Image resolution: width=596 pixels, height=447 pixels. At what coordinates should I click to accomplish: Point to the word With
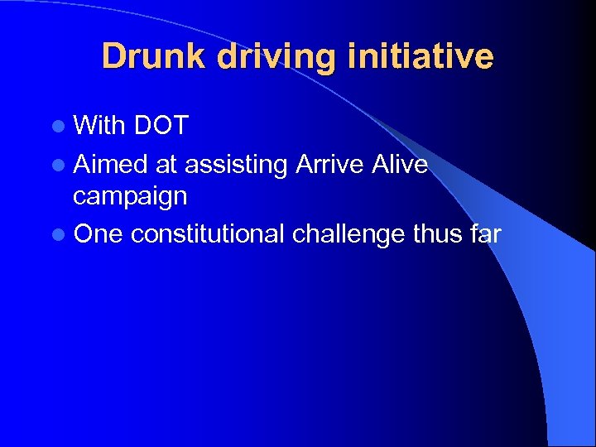coord(98,126)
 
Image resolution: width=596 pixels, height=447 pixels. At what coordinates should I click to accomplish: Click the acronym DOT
coord(161,126)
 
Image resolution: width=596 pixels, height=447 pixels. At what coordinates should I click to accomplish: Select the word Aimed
coord(111,165)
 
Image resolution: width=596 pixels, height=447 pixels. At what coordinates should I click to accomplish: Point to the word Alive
coord(399,165)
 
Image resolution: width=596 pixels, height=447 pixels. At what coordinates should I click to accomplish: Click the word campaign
coord(130,197)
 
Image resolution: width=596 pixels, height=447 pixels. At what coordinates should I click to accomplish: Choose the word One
coord(98,234)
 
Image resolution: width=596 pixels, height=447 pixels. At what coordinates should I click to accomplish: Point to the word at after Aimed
coord(166,166)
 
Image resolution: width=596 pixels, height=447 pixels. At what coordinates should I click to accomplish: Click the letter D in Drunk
coord(113,56)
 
